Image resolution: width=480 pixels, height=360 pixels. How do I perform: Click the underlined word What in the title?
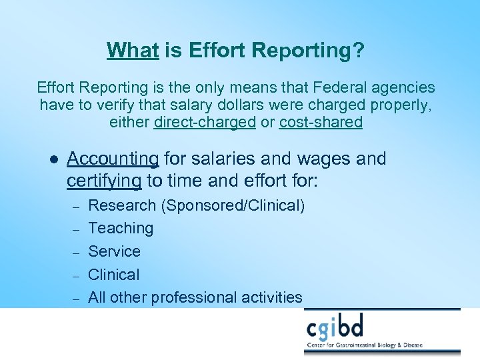pos(132,50)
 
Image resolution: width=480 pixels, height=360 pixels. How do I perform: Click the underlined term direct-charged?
pos(205,123)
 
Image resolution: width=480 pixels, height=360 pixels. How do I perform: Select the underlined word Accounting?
pos(113,159)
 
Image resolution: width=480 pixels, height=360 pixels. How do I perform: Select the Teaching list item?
pos(121,229)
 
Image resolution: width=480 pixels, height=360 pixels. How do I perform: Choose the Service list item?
pos(114,251)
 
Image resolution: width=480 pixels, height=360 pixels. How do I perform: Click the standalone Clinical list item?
pos(114,275)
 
